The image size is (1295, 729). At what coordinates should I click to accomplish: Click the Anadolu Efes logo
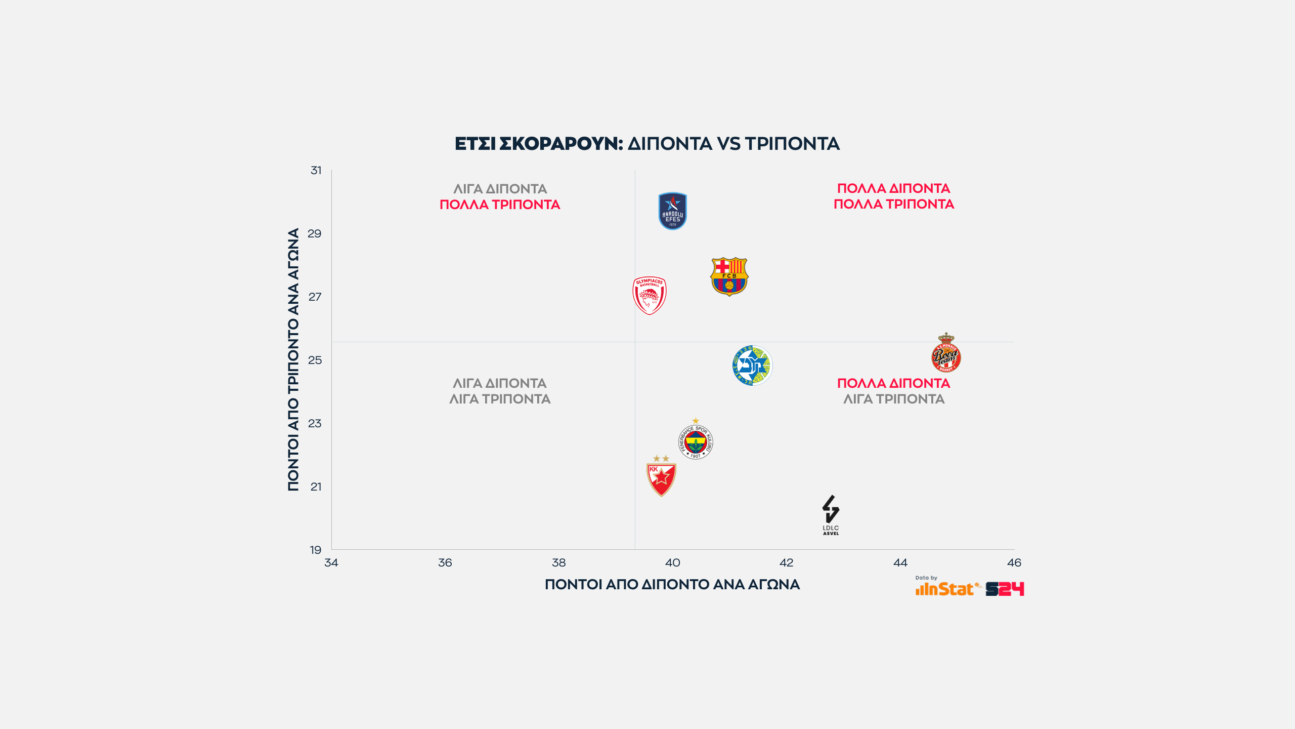pos(672,211)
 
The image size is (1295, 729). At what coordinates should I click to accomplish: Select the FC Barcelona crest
pos(729,276)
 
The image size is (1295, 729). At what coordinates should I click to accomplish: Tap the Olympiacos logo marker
pos(650,296)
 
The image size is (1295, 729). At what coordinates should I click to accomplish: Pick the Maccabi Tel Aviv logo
pos(752,366)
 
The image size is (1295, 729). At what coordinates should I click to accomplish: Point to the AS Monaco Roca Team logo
pos(946,354)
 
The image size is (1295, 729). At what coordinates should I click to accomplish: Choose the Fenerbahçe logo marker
pos(696,441)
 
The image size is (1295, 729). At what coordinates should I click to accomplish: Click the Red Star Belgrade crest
pos(661,477)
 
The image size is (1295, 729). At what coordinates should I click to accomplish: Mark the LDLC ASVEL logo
pos(831,515)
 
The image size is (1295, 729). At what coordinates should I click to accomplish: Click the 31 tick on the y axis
pos(316,171)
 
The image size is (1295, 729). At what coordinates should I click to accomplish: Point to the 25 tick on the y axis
pos(315,360)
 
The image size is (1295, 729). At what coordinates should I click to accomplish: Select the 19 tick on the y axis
pos(316,550)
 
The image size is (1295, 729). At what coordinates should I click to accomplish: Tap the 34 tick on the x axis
pos(331,562)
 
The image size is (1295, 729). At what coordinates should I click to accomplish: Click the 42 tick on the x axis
pos(787,562)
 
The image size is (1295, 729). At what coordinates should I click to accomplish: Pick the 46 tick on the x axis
pos(1014,562)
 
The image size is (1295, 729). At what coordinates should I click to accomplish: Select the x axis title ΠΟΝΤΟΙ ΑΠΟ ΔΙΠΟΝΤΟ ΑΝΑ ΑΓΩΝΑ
pos(672,585)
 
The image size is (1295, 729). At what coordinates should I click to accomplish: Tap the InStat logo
pos(945,589)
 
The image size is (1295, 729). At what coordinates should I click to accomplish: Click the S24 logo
pos(1005,589)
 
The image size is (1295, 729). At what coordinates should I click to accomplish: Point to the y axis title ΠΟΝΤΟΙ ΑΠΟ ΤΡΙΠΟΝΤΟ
pos(293,359)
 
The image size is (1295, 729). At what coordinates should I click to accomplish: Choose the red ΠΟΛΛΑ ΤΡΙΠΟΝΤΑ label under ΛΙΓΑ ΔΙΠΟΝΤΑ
pos(500,205)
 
